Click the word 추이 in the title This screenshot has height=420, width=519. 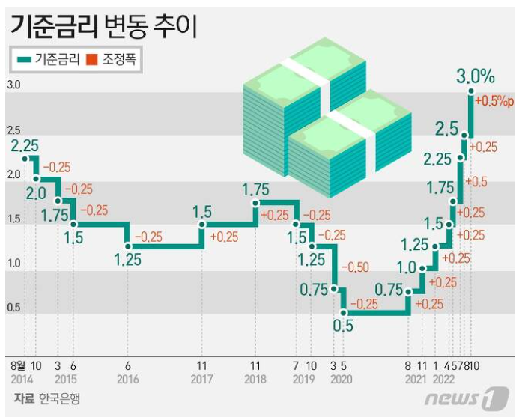175,27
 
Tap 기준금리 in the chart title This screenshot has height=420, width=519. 54,27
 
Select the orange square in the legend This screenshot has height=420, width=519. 91,60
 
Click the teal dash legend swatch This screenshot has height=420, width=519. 24,60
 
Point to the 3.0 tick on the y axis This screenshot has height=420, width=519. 13,85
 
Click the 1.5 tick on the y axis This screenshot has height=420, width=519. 13,219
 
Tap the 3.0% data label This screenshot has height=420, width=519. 476,76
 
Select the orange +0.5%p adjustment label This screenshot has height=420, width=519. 494,101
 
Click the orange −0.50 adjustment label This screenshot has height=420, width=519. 355,267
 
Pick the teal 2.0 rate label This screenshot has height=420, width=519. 36,194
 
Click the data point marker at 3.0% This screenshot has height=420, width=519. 470,91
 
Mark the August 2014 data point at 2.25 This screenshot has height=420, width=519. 25,159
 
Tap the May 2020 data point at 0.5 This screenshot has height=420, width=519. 343,313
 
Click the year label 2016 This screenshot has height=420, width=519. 128,379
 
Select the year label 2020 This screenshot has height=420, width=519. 342,379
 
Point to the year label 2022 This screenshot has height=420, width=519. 443,379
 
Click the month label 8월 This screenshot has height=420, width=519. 18,365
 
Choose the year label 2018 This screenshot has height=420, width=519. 255,379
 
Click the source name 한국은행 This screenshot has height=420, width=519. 59,398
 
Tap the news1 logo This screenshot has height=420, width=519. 467,398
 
